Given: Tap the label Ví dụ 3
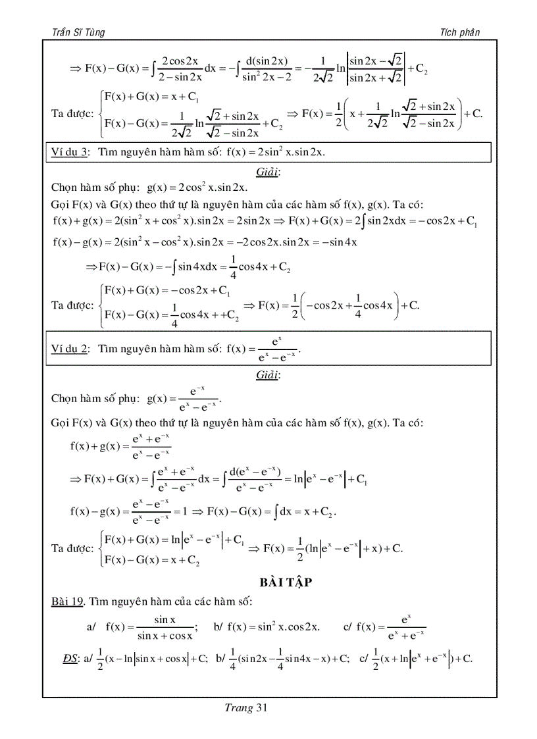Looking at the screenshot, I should pyautogui.click(x=70, y=153).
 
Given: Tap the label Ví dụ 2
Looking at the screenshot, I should pyautogui.click(x=70, y=349).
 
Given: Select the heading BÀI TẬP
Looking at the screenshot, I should pyautogui.click(x=285, y=582).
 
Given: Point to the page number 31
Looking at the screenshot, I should pyautogui.click(x=261, y=708).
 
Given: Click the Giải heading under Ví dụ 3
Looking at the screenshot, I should pyautogui.click(x=268, y=172).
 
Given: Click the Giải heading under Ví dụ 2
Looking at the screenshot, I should pyautogui.click(x=268, y=375).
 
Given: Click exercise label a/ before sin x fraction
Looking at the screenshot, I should pyautogui.click(x=91, y=627).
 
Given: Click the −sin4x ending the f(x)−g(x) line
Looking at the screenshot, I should pyautogui.click(x=342, y=242).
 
